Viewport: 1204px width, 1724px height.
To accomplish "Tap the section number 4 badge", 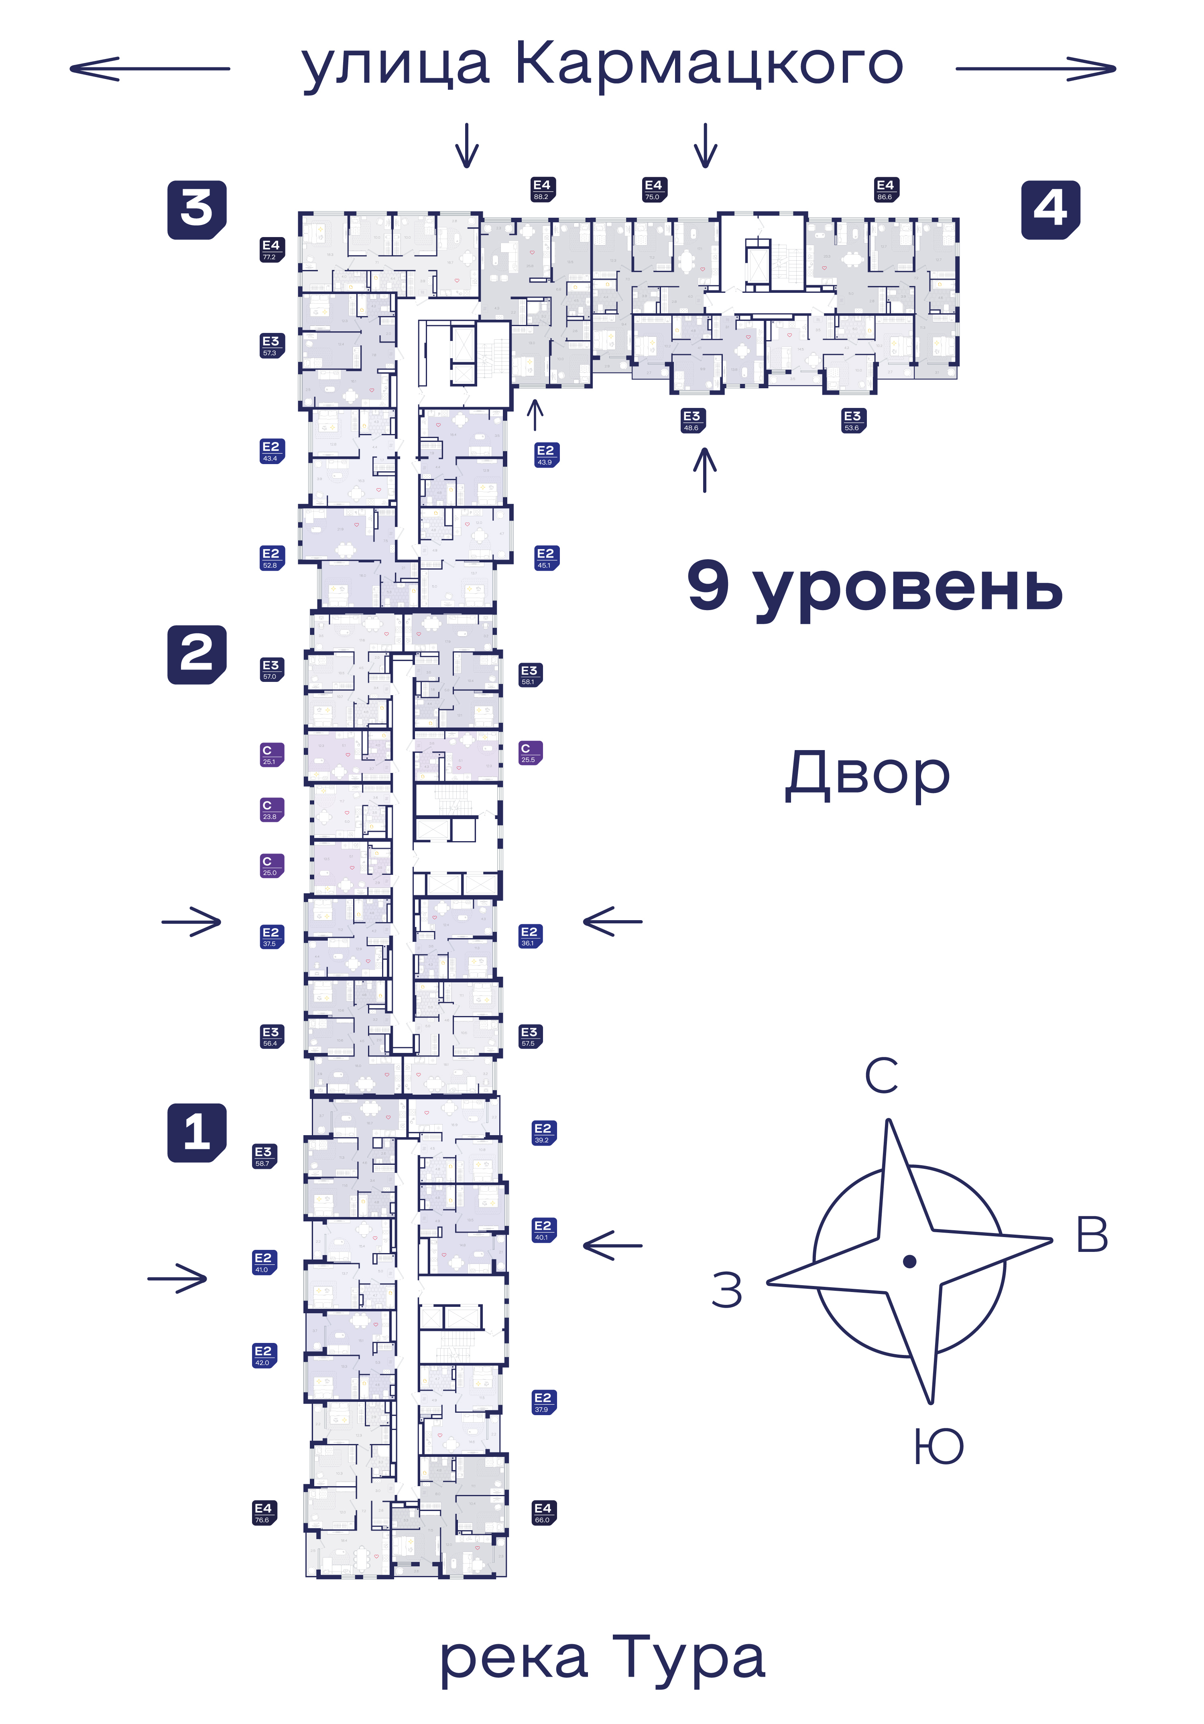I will (1050, 209).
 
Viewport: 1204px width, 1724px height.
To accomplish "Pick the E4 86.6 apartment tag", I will (885, 189).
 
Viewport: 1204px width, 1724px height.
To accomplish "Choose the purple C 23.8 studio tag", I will (271, 809).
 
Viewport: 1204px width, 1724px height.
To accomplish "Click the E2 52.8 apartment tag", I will (271, 558).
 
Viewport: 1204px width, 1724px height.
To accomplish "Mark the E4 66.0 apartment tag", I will (543, 1512).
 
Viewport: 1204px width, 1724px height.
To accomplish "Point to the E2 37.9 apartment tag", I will (543, 1402).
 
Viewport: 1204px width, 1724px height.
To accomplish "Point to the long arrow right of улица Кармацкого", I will (1035, 69).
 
